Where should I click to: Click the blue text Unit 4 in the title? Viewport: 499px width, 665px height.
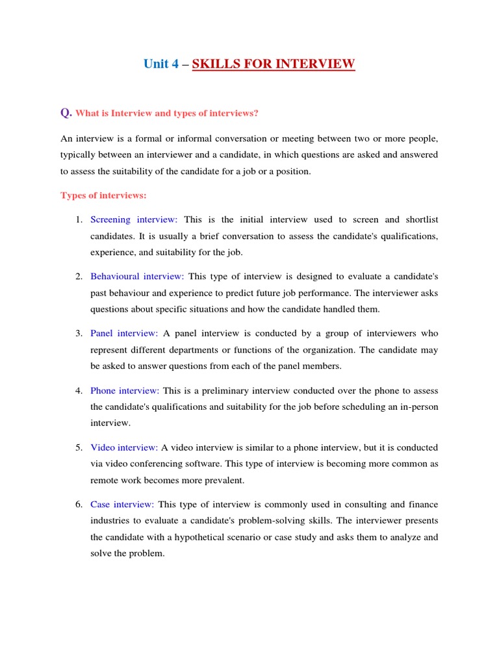(x=160, y=64)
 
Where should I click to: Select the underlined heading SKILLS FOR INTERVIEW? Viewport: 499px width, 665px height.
(x=274, y=64)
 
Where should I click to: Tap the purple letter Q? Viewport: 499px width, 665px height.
(x=66, y=113)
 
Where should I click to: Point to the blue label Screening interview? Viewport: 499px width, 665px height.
(x=138, y=220)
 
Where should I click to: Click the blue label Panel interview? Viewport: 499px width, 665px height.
(x=124, y=333)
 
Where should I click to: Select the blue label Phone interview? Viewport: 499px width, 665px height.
(x=125, y=390)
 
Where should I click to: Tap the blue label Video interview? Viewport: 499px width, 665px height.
(x=124, y=447)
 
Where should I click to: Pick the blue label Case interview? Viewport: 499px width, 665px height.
(x=122, y=505)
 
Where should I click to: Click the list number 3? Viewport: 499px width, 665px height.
(x=78, y=333)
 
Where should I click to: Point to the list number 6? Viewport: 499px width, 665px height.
(x=78, y=505)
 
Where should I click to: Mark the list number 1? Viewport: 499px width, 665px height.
(x=78, y=220)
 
